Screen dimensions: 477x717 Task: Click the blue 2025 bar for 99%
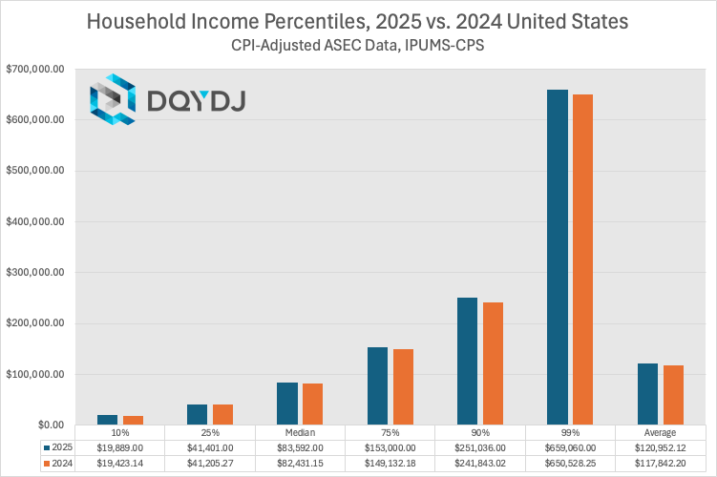(557, 258)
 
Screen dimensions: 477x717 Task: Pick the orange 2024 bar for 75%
(403, 386)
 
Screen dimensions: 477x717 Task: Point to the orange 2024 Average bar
(674, 395)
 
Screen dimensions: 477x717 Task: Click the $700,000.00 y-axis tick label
(34, 70)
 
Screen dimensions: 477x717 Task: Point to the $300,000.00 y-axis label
(34, 273)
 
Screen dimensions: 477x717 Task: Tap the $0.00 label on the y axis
(47, 425)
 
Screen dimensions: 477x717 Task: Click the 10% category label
(119, 433)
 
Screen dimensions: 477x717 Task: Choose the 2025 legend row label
(58, 446)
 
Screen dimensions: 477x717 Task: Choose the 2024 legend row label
(58, 463)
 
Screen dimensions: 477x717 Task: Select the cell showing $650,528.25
(570, 463)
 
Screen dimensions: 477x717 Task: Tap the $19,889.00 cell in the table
(119, 446)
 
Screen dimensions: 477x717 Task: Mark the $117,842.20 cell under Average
(661, 463)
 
